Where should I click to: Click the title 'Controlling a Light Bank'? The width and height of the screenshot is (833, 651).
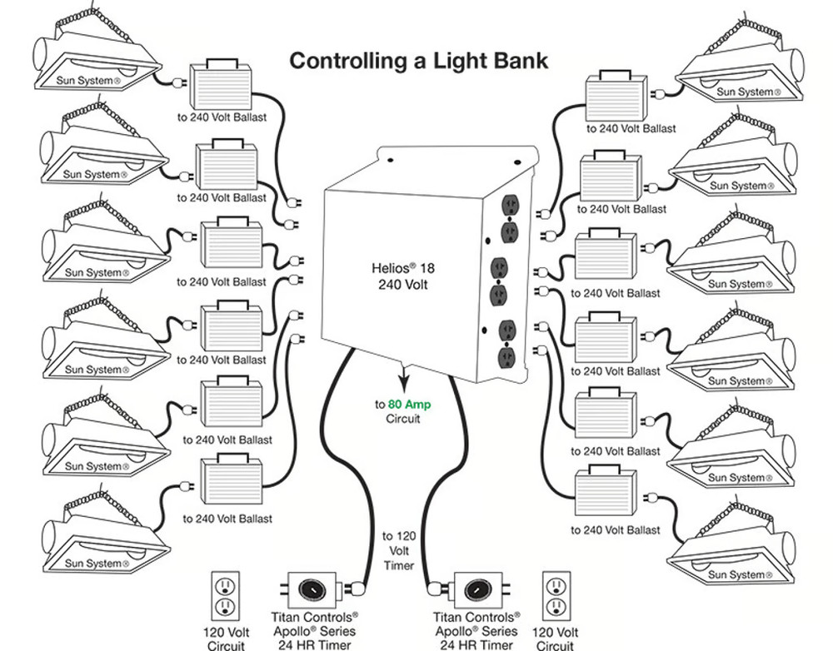[x=418, y=61]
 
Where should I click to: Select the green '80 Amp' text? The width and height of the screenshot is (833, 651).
[x=408, y=405]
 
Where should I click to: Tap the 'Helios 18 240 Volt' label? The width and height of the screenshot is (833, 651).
[x=403, y=276]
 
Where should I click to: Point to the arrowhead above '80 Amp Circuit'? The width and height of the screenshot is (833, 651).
[x=402, y=385]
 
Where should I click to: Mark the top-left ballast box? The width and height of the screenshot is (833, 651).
[x=221, y=87]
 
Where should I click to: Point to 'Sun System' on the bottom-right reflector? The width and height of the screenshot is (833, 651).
[x=736, y=574]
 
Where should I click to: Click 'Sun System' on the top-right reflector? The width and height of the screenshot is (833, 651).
[x=746, y=92]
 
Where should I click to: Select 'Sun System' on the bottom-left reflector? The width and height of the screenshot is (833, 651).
[x=93, y=564]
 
